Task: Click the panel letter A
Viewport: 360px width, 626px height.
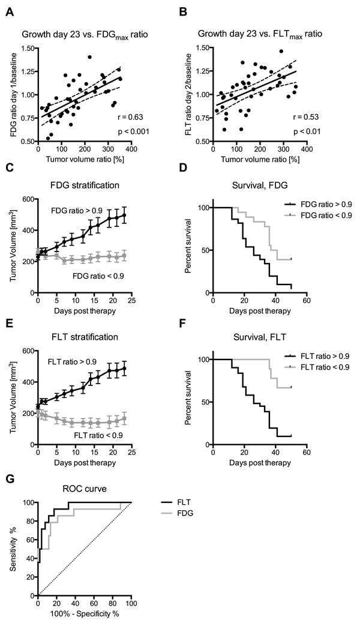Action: [10, 13]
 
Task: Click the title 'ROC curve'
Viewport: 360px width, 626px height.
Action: [85, 489]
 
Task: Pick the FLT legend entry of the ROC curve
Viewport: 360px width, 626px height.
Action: [176, 502]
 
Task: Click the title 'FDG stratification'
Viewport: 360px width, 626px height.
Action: [85, 185]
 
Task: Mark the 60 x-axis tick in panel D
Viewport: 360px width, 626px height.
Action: [307, 301]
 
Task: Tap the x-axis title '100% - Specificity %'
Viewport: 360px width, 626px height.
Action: [85, 613]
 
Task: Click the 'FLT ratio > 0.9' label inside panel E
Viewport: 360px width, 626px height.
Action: [72, 362]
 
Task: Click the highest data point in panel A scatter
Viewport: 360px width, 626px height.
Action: [89, 57]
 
